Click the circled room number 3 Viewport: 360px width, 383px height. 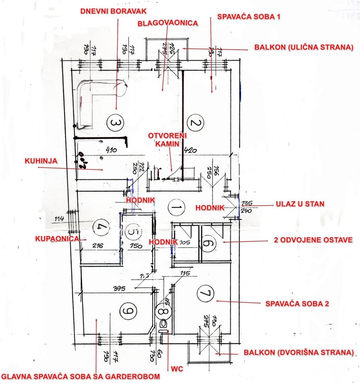click(116, 123)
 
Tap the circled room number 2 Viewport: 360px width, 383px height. click(196, 123)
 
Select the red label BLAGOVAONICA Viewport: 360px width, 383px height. click(168, 23)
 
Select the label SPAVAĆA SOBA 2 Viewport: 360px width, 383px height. click(297, 304)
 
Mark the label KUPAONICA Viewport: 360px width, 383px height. click(57, 239)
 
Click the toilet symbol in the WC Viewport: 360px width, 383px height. click(164, 324)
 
